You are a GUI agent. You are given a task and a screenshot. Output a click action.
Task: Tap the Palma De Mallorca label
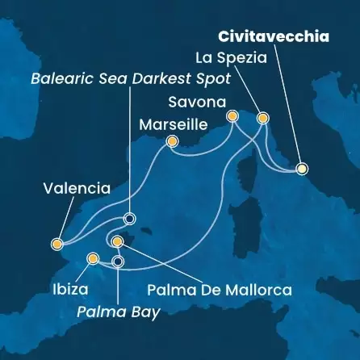pos(219,288)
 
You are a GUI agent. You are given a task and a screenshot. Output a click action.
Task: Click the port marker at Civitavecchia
pos(303,169)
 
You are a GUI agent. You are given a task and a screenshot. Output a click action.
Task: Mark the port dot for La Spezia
pos(262,119)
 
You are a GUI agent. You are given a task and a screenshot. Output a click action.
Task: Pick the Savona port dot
pos(232,116)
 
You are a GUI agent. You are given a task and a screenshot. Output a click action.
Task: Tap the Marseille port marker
pos(172,143)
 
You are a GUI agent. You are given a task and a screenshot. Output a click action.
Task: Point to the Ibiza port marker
pos(93,259)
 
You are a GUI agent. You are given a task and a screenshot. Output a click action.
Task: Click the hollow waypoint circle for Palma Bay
pos(119,261)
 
